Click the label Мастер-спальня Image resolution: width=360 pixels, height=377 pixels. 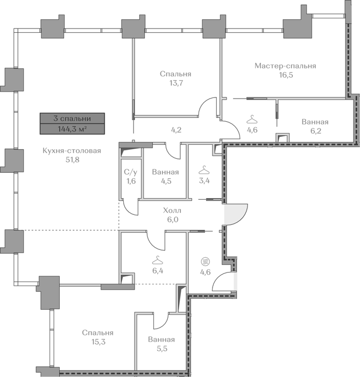(x=285, y=66)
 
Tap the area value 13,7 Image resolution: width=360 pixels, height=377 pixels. (x=177, y=83)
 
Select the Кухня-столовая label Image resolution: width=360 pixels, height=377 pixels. (x=72, y=151)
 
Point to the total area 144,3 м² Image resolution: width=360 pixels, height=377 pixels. (x=72, y=129)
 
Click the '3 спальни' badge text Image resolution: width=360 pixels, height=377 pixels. (x=72, y=118)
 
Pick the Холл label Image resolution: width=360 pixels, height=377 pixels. (x=172, y=211)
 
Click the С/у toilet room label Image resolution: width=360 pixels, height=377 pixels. (x=131, y=172)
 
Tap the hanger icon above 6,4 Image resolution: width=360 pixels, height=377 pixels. (x=157, y=260)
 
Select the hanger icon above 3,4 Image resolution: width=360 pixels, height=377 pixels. (x=204, y=170)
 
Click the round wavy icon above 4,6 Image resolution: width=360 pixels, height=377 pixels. (x=206, y=261)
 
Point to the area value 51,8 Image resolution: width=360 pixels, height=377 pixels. (x=72, y=159)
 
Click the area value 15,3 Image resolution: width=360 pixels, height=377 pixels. (x=98, y=341)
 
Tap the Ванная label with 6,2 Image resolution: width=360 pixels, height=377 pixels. (x=315, y=122)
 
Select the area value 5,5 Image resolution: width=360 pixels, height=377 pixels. (x=162, y=348)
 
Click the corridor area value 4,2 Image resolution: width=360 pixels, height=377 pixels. (x=176, y=130)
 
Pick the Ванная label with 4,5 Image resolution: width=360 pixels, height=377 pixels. (x=165, y=172)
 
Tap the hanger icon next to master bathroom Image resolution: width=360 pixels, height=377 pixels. (x=252, y=120)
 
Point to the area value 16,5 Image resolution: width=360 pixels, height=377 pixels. (x=286, y=75)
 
